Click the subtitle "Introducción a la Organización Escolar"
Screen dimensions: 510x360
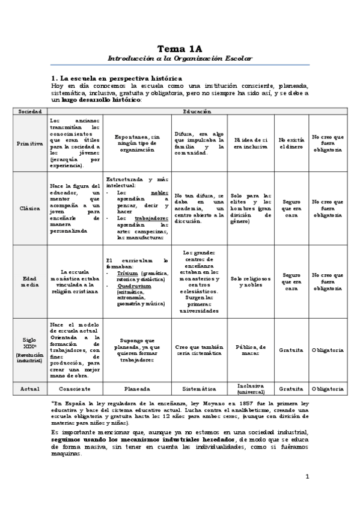180,59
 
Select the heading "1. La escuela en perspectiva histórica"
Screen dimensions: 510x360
117,78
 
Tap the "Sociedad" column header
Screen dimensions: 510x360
29,111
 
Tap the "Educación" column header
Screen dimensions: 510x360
197,111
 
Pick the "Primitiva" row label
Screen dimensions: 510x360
29,144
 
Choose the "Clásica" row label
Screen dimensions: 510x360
29,207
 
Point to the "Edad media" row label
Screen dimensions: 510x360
29,280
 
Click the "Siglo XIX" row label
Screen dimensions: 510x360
29,349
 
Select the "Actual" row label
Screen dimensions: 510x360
29,389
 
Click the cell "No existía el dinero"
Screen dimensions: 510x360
291,144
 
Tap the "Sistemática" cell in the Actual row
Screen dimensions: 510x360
199,389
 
